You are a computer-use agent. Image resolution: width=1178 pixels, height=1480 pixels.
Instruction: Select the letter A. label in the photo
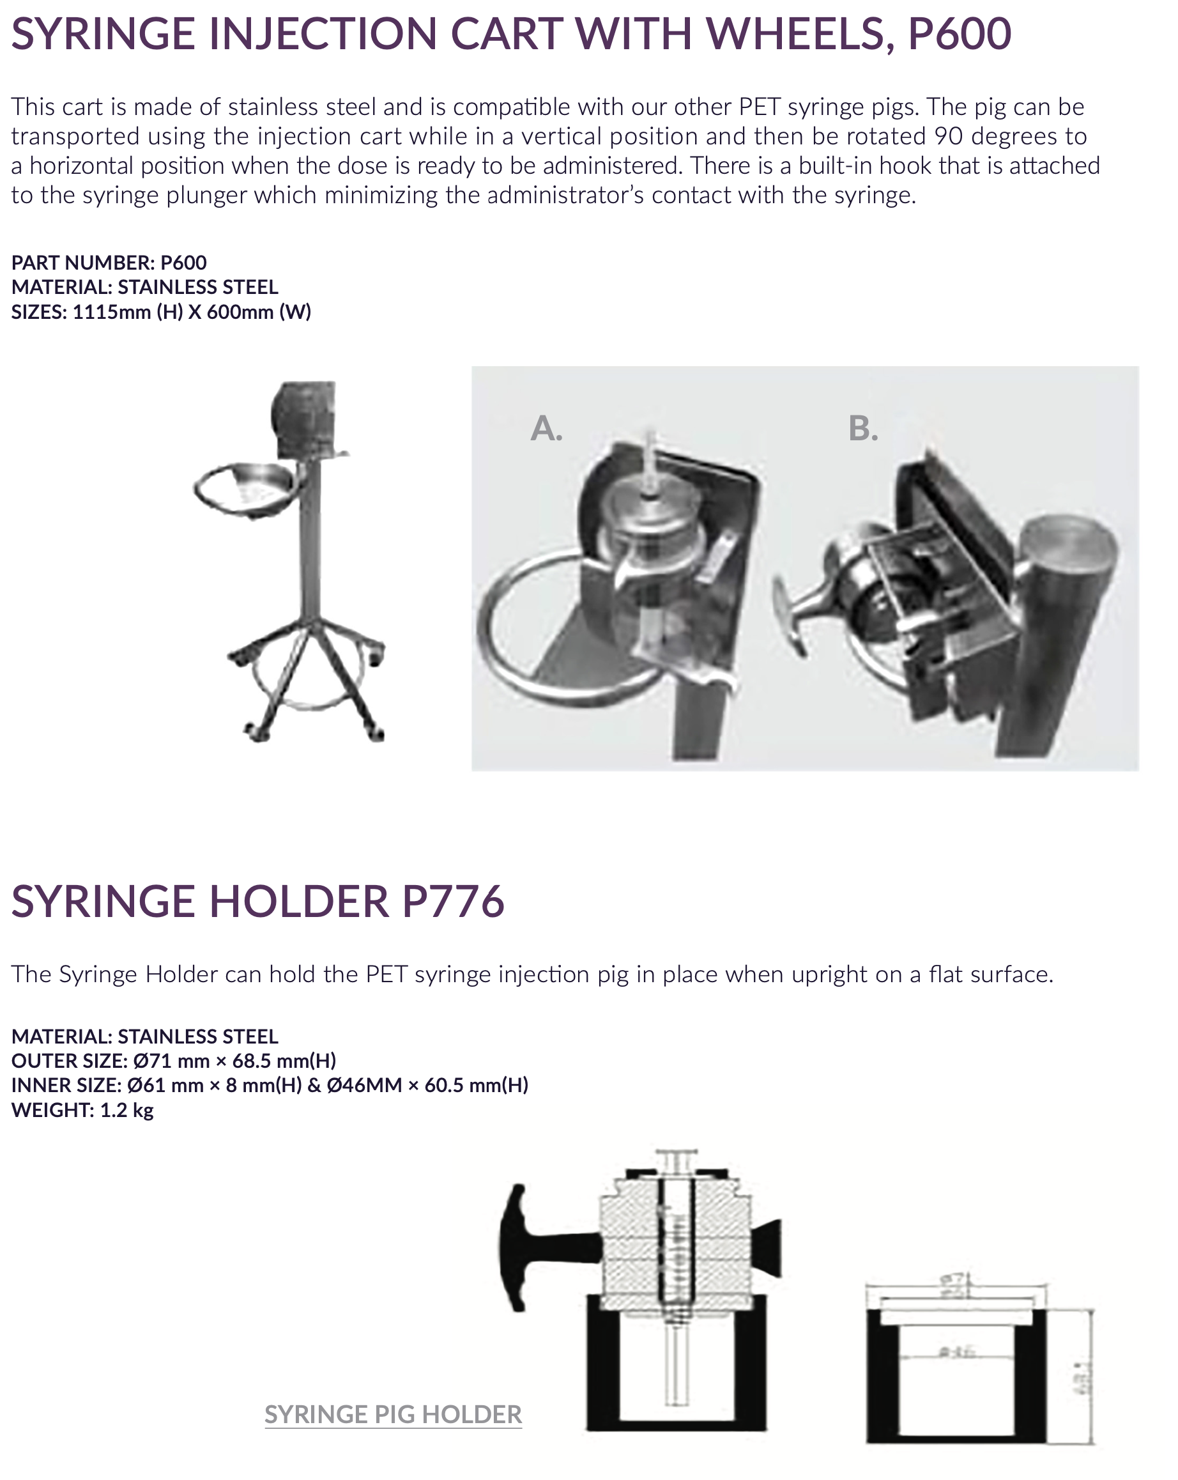[x=546, y=428]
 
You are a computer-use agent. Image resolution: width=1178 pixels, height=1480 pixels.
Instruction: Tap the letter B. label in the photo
[x=862, y=428]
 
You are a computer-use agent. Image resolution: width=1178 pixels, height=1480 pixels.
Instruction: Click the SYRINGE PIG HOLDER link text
[x=393, y=1414]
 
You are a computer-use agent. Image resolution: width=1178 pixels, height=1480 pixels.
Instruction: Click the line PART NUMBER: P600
[x=109, y=262]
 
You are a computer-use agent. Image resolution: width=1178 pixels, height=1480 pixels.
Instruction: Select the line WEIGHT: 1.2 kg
[x=82, y=1109]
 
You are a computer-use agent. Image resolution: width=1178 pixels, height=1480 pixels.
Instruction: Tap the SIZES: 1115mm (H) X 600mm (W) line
[x=161, y=312]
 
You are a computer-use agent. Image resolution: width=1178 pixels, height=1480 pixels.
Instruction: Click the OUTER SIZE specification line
[x=174, y=1061]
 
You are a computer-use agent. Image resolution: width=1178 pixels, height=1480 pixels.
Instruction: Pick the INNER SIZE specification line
[x=270, y=1084]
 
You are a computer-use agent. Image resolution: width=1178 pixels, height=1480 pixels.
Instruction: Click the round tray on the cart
[x=247, y=489]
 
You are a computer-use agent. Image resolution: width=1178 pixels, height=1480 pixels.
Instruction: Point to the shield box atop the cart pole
[x=305, y=419]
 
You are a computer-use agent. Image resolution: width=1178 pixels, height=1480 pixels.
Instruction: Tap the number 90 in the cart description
[x=949, y=136]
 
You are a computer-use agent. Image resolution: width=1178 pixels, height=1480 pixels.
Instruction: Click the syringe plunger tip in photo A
[x=650, y=439]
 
